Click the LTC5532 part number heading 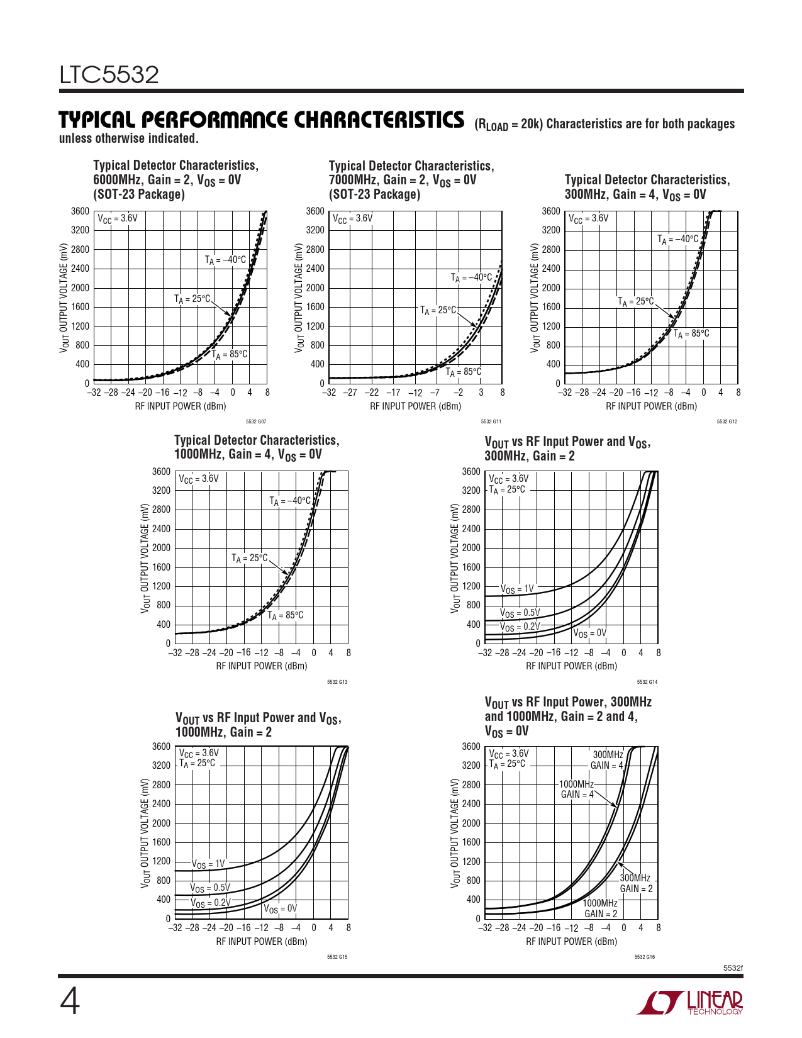(x=109, y=75)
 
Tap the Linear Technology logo (x=690, y=1003)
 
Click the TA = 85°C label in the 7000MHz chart (x=464, y=372)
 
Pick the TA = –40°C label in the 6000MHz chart (x=225, y=260)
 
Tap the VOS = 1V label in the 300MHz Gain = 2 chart (x=517, y=589)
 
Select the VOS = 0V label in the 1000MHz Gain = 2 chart (x=280, y=909)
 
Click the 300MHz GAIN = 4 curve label (x=607, y=760)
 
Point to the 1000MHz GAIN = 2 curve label (x=600, y=908)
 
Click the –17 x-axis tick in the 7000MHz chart (x=393, y=393)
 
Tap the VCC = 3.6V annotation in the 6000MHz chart (x=117, y=218)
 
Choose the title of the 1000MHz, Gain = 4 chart (x=256, y=447)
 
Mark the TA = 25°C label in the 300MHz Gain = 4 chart (x=635, y=302)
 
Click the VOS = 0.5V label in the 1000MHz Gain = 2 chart (x=210, y=888)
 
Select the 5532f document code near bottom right (x=733, y=968)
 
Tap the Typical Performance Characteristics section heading (x=261, y=120)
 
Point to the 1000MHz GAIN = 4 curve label (x=577, y=790)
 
